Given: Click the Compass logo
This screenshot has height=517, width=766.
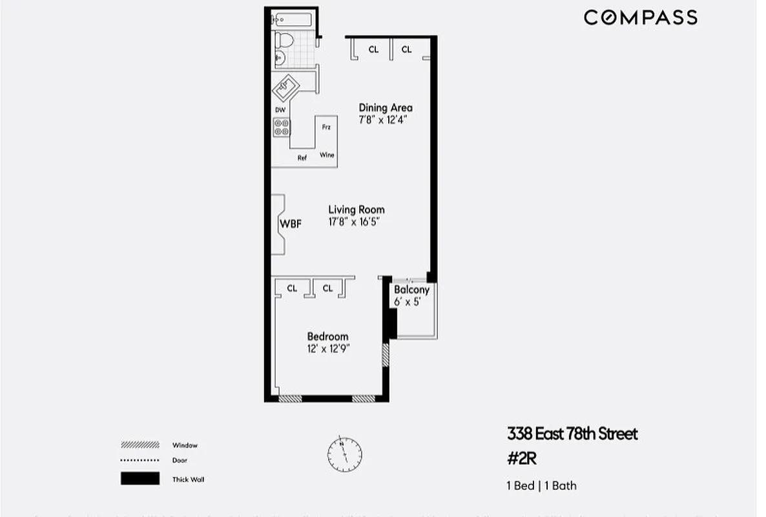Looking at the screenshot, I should (640, 17).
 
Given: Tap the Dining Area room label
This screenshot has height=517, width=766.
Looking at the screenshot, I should (386, 108).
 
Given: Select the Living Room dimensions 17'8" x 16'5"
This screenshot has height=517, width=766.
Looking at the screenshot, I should (357, 222).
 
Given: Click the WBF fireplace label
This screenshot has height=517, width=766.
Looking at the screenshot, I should (290, 224).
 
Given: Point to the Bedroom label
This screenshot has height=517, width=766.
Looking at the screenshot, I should (327, 337).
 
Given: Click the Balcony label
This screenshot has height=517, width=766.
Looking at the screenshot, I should (411, 290).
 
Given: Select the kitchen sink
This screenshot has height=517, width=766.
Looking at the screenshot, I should (285, 86).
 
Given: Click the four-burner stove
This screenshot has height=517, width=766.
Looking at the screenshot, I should (282, 127).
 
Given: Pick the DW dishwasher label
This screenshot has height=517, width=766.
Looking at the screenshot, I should (280, 110).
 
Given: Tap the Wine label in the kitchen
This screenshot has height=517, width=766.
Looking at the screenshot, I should (327, 155).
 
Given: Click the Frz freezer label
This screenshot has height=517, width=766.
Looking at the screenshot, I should (326, 127).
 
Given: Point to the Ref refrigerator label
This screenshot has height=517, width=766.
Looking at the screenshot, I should (302, 158).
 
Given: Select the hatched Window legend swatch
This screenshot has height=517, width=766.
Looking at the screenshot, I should (140, 445).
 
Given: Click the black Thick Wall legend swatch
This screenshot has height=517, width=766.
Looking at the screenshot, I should (140, 479).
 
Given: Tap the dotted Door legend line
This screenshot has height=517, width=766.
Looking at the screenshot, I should (140, 460).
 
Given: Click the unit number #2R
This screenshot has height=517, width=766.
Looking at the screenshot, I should (523, 459).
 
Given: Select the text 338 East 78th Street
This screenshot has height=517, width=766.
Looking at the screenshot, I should (572, 434).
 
